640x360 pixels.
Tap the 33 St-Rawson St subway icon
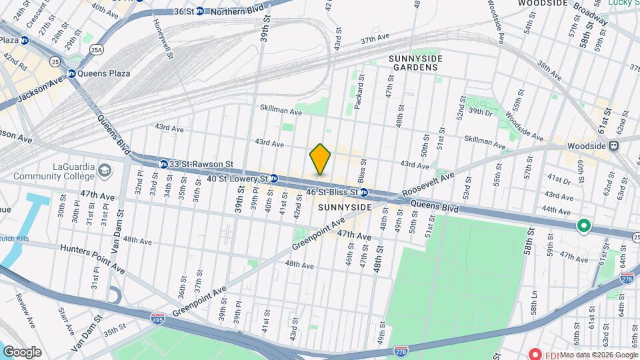click(163, 164)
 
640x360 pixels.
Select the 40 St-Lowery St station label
click(237, 179)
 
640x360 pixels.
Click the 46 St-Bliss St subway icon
click(364, 193)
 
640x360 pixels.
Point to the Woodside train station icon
click(613, 145)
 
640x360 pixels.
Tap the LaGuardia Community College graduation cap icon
click(105, 171)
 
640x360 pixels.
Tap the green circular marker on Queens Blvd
click(584, 227)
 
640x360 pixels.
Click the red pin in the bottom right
click(534, 354)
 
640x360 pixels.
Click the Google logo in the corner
click(22, 352)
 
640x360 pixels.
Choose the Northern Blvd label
click(239, 11)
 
